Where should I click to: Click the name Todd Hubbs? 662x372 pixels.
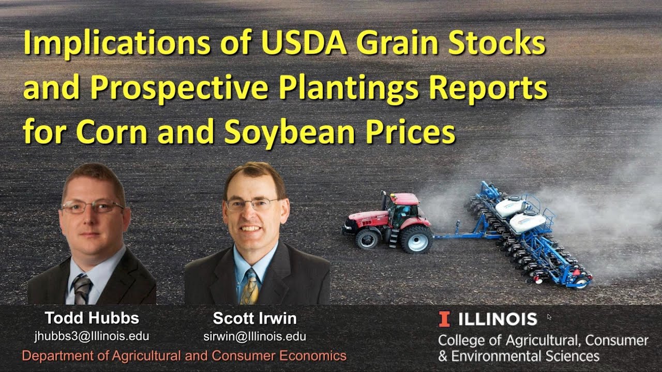pos(92,318)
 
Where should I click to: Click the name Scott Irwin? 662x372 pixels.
pos(255,318)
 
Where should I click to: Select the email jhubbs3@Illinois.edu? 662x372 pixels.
pos(92,336)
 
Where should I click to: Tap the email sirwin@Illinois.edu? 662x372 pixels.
pos(255,336)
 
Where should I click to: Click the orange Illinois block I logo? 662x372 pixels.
pos(444,319)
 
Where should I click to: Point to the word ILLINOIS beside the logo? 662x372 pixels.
pos(498,319)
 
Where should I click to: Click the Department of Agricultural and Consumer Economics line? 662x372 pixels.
pos(184,356)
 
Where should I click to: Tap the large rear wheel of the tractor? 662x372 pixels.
pos(417,239)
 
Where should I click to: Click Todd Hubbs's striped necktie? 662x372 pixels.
pos(82,289)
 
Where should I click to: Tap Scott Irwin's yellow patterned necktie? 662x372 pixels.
pos(250,287)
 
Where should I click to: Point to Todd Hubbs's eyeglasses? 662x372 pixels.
pos(92,207)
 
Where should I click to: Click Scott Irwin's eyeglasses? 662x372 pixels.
pos(252,204)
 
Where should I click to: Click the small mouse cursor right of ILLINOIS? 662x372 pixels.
pos(549,317)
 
